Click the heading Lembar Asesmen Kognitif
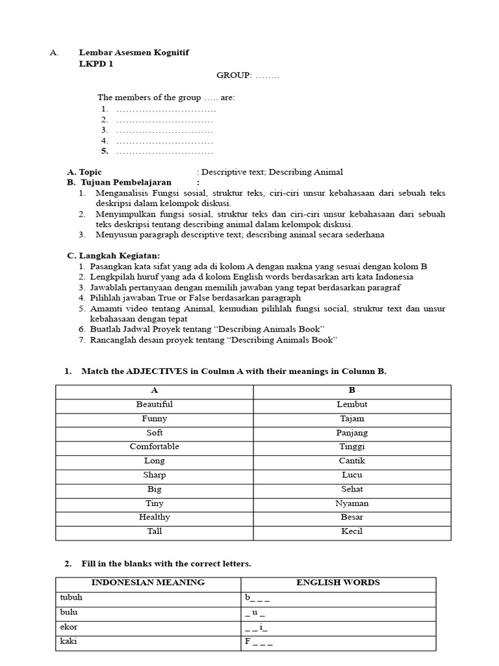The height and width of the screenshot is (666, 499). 134,53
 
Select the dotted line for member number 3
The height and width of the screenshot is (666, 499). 164,130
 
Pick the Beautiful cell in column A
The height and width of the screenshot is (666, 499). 154,405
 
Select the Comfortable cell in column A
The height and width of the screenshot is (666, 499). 154,447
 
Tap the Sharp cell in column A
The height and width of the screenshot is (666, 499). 154,475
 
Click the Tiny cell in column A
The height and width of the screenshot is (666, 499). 154,503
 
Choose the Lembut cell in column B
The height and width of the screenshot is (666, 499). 352,405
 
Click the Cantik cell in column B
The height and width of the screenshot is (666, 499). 352,460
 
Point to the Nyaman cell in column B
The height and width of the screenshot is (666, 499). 352,503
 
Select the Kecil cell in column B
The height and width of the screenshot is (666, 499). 352,531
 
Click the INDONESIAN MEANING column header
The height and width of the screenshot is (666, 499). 148,583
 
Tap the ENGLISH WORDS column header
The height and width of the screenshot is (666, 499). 338,583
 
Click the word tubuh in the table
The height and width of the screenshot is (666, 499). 72,598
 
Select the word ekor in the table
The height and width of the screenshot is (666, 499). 69,627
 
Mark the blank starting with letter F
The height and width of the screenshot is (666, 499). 258,642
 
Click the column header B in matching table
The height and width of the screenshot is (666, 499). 352,391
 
